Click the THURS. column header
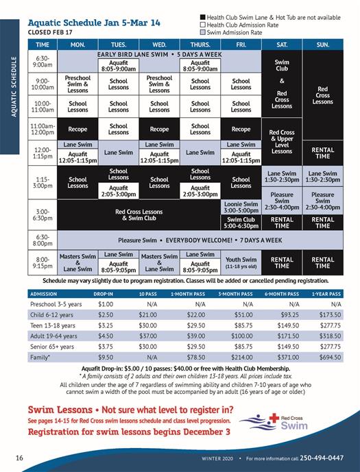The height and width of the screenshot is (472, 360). click(200, 45)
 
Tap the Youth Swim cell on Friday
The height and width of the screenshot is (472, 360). click(241, 262)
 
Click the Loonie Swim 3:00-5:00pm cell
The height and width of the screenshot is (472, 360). click(241, 207)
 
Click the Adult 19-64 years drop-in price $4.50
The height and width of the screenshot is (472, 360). click(106, 336)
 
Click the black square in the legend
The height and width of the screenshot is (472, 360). click(202, 16)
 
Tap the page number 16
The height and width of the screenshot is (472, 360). click(21, 457)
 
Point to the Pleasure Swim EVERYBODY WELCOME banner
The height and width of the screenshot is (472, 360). click(200, 240)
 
